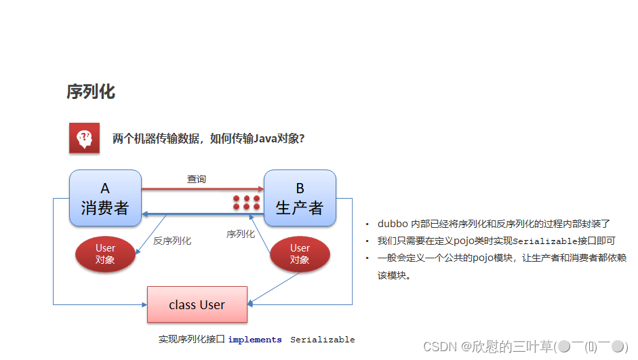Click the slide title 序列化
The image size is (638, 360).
(x=91, y=92)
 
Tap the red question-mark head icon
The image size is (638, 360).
(x=84, y=138)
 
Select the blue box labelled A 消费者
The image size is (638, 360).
(x=105, y=198)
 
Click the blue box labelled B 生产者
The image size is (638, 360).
(x=300, y=198)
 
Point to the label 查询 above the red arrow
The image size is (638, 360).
(x=197, y=179)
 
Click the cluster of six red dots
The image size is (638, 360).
(x=247, y=203)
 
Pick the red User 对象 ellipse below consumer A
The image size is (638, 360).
(x=105, y=254)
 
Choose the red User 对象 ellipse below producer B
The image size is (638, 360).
(x=300, y=254)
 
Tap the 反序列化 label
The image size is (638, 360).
(x=172, y=241)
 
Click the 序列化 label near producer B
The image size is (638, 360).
(x=241, y=234)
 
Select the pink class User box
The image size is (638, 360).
(x=197, y=304)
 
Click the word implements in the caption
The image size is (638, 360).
(x=255, y=340)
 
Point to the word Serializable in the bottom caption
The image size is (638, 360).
(x=323, y=340)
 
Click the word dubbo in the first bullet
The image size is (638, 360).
(x=393, y=224)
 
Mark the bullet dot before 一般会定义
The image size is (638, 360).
(x=367, y=258)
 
